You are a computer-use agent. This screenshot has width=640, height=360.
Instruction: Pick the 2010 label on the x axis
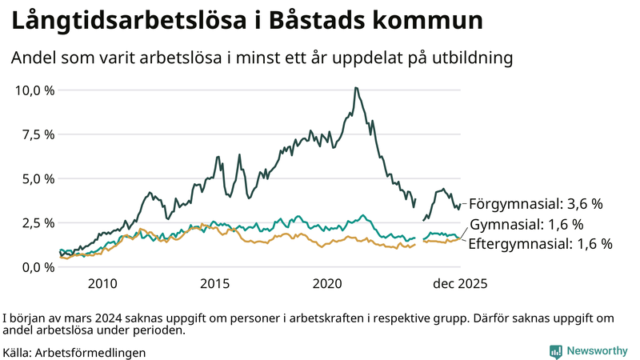[x=102, y=283]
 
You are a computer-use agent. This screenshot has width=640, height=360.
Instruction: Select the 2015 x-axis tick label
[x=215, y=283]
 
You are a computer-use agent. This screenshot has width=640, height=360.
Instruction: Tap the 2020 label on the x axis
[x=328, y=283]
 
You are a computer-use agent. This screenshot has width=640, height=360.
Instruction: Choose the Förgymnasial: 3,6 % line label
[x=535, y=203]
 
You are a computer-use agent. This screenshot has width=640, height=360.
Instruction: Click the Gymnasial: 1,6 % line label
[x=526, y=224]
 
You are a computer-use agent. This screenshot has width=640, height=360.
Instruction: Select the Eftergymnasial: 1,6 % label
[x=539, y=243]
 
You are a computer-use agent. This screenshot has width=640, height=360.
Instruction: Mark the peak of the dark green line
[x=355, y=88]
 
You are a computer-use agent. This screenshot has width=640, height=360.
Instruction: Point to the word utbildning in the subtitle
[x=470, y=58]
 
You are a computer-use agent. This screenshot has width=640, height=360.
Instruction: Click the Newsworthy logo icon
[x=555, y=351]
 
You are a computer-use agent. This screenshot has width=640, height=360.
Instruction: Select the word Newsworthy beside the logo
[x=596, y=351]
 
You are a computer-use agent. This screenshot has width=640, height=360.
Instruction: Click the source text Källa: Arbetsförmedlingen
[x=74, y=352]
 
